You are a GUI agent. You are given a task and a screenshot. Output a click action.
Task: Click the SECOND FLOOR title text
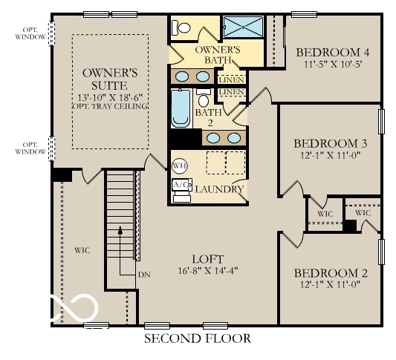(x=197, y=338)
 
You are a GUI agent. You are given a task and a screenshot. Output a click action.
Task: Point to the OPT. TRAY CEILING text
(x=110, y=106)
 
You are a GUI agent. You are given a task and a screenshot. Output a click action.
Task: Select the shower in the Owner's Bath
(x=244, y=28)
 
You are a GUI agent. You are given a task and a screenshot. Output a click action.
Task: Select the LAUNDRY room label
(x=219, y=189)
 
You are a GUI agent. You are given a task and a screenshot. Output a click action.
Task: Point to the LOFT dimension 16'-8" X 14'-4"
(x=207, y=270)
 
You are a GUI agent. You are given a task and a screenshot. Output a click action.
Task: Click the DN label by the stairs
(x=145, y=274)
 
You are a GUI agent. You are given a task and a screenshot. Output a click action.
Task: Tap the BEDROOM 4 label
(x=332, y=52)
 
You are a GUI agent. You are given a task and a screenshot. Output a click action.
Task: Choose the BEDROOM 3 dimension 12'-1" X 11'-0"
(x=331, y=157)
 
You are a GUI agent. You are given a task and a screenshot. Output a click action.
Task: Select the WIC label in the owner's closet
(x=82, y=250)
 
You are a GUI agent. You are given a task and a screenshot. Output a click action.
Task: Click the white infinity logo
(x=74, y=306)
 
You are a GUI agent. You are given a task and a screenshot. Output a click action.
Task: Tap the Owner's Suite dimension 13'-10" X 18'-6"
(x=110, y=96)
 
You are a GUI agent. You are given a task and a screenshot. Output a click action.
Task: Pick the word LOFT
(x=207, y=258)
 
